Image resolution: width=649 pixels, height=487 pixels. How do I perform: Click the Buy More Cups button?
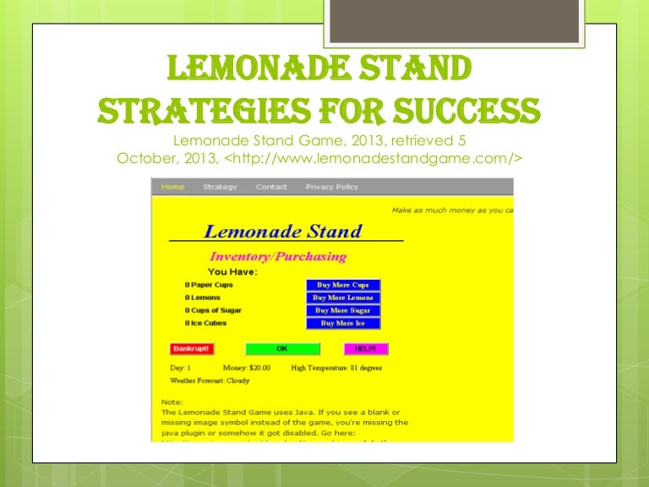click(x=342, y=285)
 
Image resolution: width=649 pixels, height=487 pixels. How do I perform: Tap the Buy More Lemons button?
click(x=342, y=298)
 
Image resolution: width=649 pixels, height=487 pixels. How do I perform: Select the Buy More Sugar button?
click(x=342, y=310)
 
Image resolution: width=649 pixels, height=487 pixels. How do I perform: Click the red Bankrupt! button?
click(x=192, y=348)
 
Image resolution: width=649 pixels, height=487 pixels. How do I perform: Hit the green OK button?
click(x=282, y=348)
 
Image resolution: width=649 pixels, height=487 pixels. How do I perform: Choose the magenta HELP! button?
click(x=366, y=348)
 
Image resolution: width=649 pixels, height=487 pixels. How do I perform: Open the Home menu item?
click(x=172, y=187)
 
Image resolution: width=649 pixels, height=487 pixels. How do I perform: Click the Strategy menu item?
click(x=220, y=187)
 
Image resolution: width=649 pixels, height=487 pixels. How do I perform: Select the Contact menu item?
click(x=271, y=187)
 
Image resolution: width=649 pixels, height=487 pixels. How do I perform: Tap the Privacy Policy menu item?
click(x=331, y=187)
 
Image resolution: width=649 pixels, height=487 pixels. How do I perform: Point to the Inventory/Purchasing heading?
click(x=278, y=256)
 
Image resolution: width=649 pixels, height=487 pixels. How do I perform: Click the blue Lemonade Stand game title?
click(x=283, y=232)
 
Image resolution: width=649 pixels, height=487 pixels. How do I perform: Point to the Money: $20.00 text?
click(x=247, y=368)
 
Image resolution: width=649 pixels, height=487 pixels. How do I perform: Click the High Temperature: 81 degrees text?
click(x=337, y=368)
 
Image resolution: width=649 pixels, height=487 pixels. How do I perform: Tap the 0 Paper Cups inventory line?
click(x=209, y=285)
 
